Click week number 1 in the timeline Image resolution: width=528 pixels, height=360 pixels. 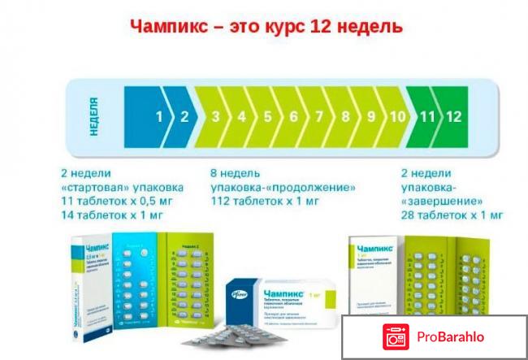160,116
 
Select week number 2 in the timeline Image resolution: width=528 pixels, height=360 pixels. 184,116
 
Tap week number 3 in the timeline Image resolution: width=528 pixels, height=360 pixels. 216,116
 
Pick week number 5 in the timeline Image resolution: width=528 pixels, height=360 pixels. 268,116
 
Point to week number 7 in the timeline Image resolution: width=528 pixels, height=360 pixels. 319,116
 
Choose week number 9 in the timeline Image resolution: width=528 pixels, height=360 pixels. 371,116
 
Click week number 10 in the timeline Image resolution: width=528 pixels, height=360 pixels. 397,116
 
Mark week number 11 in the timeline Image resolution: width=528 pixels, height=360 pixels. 427,116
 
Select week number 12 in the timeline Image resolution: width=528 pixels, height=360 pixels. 453,116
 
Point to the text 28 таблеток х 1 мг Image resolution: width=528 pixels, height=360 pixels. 452,215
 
